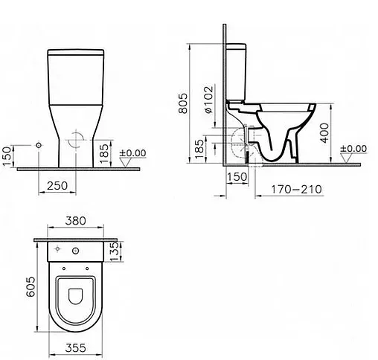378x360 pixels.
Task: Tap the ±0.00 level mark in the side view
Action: (354, 148)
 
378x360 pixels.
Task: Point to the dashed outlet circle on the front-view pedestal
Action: (75, 141)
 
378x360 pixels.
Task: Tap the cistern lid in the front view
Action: (75, 53)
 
